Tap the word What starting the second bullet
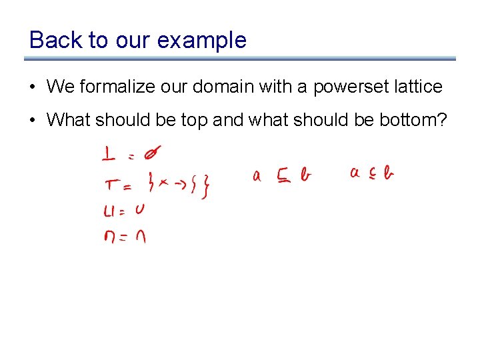69,120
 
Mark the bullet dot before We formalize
33,87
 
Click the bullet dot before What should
33,121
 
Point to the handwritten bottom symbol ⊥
109,155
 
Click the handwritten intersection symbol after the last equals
140,237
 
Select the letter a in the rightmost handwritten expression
355,174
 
